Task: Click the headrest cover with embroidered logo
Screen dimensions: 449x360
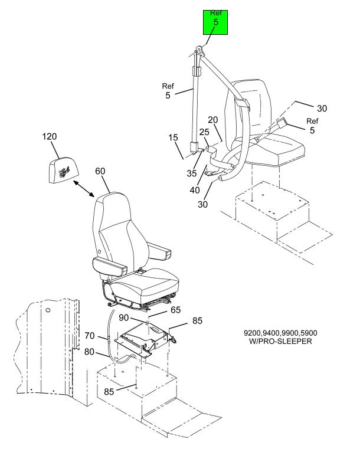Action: [x=63, y=169]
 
